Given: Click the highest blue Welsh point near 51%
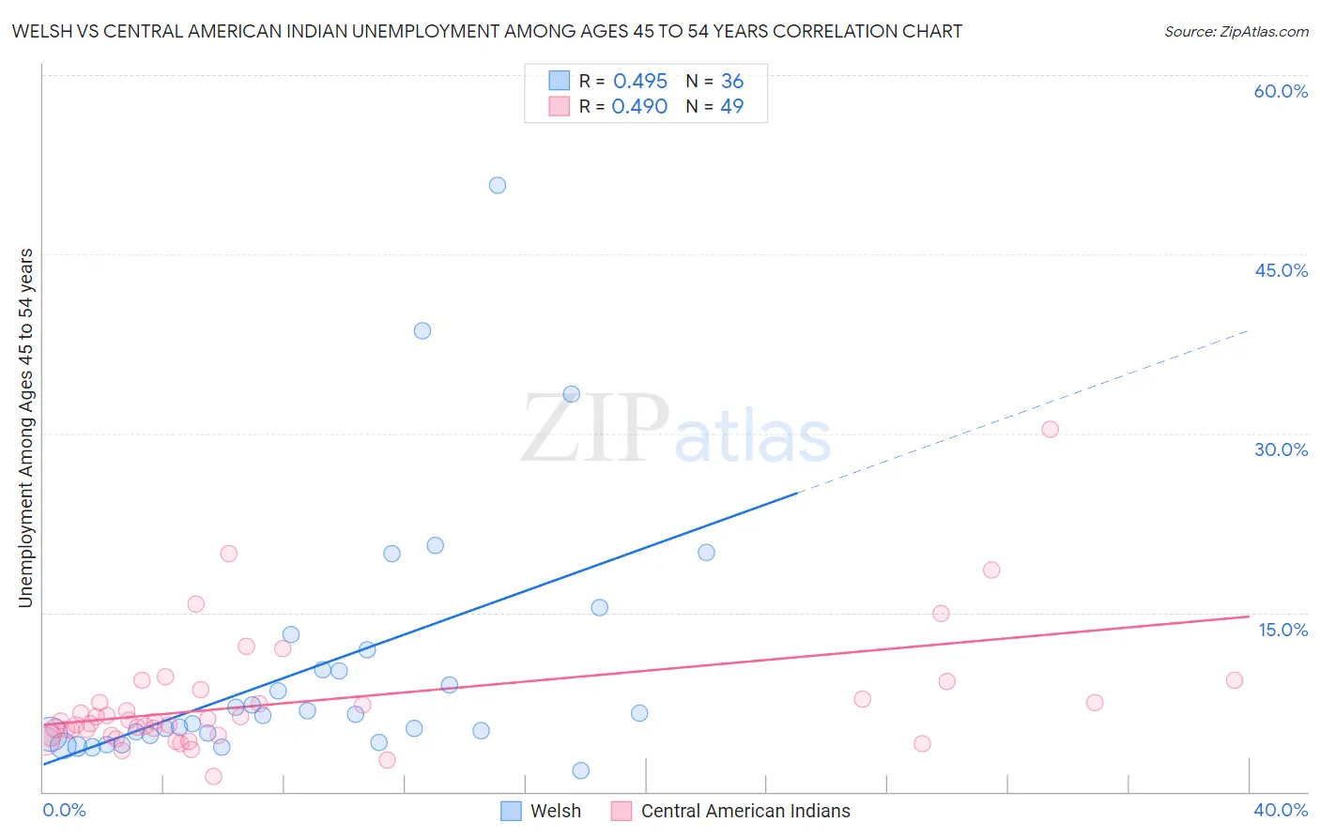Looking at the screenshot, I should click(x=498, y=186).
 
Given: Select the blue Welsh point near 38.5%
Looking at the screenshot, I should click(x=422, y=330).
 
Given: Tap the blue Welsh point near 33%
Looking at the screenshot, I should click(x=572, y=394).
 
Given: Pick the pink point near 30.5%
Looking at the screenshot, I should click(x=1051, y=429).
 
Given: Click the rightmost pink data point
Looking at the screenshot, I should click(x=1235, y=680).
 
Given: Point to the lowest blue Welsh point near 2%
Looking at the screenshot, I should click(x=581, y=770).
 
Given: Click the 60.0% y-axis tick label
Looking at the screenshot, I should click(x=1281, y=91).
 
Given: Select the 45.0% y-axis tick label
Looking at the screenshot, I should click(x=1281, y=270).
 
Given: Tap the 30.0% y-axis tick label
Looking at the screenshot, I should click(x=1281, y=449).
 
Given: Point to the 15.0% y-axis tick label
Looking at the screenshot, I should click(x=1282, y=630).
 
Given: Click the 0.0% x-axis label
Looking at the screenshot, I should click(x=64, y=810).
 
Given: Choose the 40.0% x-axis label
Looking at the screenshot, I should click(x=1281, y=810).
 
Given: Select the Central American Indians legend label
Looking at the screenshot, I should click(x=744, y=811).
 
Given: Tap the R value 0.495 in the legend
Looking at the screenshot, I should click(x=640, y=81).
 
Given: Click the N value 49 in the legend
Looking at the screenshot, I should click(x=732, y=106).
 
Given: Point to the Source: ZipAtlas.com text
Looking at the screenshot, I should click(x=1236, y=31).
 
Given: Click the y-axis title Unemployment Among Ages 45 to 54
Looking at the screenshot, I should click(x=25, y=428).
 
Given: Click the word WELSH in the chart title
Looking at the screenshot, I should click(x=41, y=31).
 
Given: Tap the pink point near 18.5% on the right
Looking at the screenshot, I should click(x=991, y=570).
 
